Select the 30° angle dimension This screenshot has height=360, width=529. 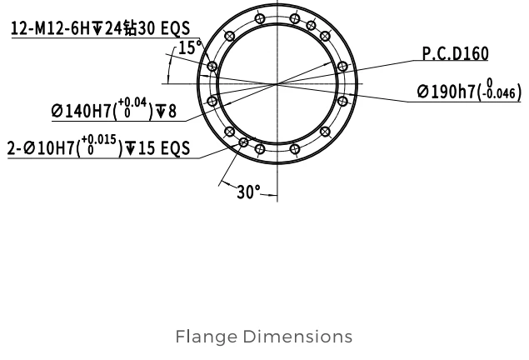pyautogui.click(x=248, y=192)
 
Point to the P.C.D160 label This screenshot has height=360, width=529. pyautogui.click(x=456, y=53)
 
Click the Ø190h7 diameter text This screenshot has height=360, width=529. pyautogui.click(x=447, y=92)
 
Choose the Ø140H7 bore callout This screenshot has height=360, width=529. pyautogui.click(x=82, y=111)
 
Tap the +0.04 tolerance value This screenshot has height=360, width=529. pyautogui.click(x=132, y=102)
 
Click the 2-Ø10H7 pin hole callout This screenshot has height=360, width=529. pyautogui.click(x=41, y=148)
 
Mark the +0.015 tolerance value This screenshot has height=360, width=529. pyautogui.click(x=99, y=139)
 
